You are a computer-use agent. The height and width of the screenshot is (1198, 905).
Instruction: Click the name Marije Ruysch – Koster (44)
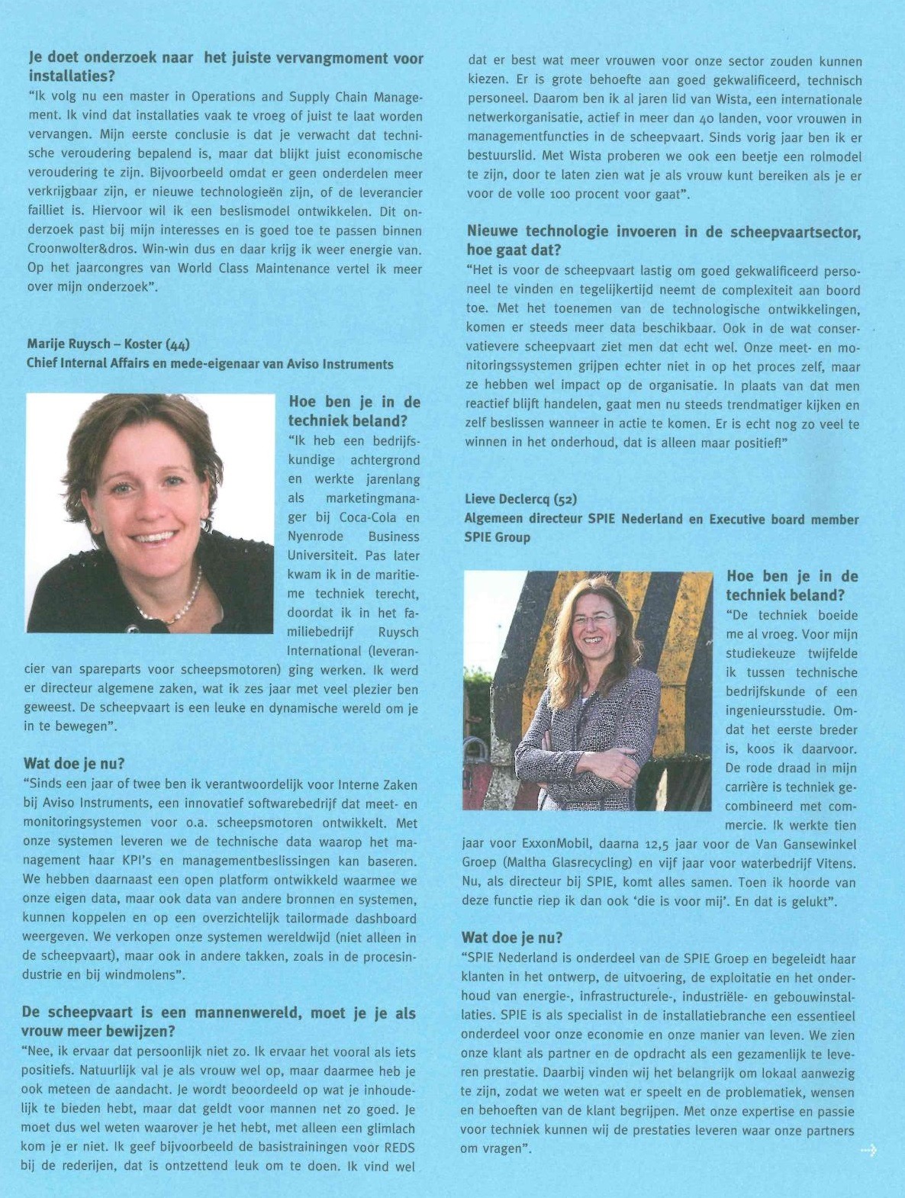tap(108, 345)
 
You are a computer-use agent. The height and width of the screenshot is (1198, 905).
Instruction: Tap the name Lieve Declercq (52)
tap(521, 499)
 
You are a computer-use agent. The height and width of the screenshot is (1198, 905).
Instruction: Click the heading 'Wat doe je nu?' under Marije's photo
tap(74, 764)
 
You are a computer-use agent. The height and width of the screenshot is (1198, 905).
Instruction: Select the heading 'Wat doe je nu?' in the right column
tap(512, 938)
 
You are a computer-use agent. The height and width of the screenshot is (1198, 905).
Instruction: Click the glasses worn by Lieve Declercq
tap(592, 619)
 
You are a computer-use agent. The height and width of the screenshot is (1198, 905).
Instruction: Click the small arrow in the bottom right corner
tap(868, 1149)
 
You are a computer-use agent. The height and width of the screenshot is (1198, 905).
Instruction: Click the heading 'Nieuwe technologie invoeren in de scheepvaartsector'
tap(663, 232)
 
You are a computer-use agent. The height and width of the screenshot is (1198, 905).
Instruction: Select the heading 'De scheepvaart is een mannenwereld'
tap(218, 1013)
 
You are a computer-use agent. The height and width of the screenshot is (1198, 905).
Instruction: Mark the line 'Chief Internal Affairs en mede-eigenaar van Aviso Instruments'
tap(210, 364)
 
